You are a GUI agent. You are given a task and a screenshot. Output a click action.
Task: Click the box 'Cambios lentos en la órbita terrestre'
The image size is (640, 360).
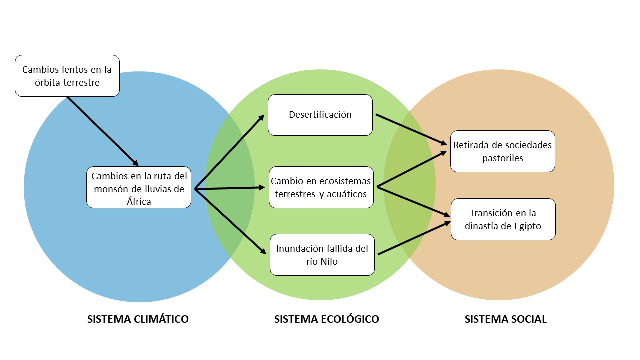67,75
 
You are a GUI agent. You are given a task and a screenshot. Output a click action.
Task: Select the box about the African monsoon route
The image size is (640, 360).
138,187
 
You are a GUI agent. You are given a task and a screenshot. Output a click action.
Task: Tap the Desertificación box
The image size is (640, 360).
320,115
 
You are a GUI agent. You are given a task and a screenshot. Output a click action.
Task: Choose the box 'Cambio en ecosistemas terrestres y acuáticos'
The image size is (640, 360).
321,187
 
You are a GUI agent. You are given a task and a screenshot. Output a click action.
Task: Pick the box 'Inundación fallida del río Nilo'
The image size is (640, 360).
322,254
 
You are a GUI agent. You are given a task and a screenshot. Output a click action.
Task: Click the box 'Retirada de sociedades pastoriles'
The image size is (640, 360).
502,151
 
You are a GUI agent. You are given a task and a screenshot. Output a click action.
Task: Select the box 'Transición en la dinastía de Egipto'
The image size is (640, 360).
503,219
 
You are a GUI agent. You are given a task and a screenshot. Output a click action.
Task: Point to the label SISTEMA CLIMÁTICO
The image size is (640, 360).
138,319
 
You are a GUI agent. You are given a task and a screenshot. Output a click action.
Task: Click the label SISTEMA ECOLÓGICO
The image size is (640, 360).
326,319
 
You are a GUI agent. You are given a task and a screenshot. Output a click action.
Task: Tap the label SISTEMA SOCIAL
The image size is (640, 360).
505,319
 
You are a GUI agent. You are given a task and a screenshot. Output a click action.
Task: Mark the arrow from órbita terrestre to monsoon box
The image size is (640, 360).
102,131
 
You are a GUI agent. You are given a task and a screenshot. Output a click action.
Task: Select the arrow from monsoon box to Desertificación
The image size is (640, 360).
229,153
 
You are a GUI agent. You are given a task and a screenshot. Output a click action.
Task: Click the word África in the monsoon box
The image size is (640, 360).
138,201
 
